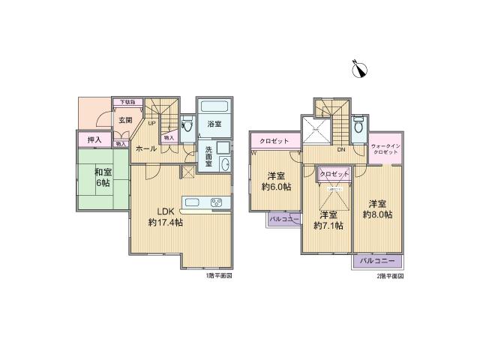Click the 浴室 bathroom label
tap(213, 123)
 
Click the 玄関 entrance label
tap(125, 120)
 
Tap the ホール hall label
tap(147, 148)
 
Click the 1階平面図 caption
tap(218, 276)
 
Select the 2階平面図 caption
tap(389, 276)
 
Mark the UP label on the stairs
tap(151, 123)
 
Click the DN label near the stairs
tap(340, 150)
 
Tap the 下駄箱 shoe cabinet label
tap(124, 101)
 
